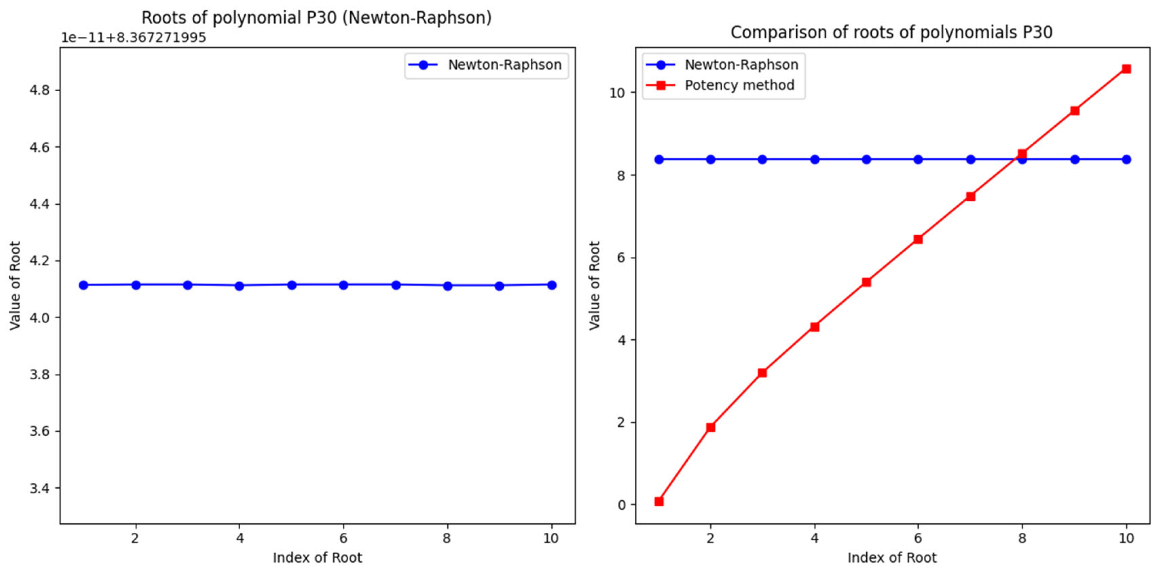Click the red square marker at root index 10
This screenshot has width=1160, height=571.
pos(1126,69)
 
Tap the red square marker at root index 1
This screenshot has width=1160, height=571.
pos(659,501)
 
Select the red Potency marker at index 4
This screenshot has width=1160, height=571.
pos(815,327)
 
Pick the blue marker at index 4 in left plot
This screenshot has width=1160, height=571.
pos(239,286)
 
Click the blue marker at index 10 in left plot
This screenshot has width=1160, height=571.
pos(552,285)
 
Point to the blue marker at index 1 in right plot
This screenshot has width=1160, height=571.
pos(659,160)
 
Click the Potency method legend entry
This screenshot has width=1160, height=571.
pos(739,85)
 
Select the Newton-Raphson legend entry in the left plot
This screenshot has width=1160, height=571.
pos(504,65)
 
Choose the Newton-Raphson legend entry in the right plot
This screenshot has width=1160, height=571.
pos(741,65)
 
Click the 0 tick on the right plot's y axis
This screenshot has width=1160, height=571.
pos(622,505)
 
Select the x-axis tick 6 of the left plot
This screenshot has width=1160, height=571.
pos(343,538)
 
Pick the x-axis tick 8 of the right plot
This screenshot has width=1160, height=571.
pos(1022,538)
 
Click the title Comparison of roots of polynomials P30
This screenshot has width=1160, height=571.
pos(891,32)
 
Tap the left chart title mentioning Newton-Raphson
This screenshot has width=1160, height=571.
pos(316,18)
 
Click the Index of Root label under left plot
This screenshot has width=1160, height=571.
pos(317,558)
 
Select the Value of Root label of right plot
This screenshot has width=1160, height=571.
pos(595,285)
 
